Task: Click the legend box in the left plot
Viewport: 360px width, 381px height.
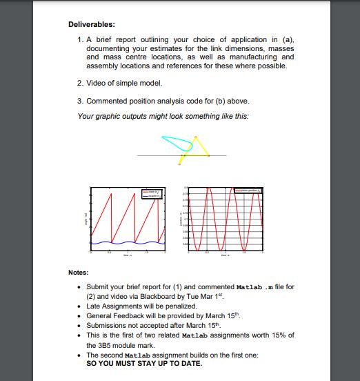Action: [x=151, y=193]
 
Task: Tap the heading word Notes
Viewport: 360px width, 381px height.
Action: [x=78, y=272]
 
